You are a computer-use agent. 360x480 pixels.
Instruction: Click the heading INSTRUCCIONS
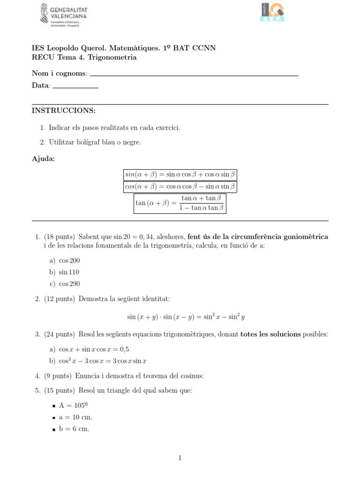(x=63, y=111)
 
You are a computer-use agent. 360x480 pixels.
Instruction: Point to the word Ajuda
(x=43, y=159)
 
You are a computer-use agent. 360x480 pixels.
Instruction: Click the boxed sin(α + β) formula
(x=180, y=175)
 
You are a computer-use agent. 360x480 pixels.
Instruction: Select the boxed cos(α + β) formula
(x=180, y=187)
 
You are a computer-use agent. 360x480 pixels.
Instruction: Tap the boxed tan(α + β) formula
(x=180, y=203)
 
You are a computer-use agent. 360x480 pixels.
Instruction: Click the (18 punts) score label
(x=60, y=237)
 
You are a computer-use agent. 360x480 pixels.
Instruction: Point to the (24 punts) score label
(x=60, y=334)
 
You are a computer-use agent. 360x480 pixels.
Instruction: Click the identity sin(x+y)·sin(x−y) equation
(x=186, y=317)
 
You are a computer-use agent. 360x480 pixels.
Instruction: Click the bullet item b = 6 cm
(x=74, y=428)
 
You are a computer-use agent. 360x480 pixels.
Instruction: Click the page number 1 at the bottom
(x=180, y=458)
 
